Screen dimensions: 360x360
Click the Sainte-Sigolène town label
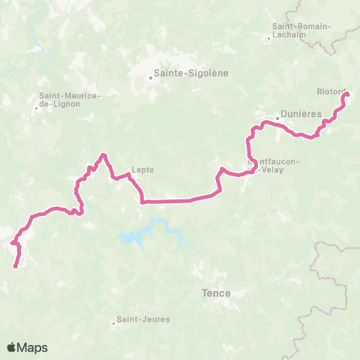pos(190,74)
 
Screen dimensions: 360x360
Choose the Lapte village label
pos(142,169)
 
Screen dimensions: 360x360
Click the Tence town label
pos(217,293)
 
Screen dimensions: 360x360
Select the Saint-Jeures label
pos(144,319)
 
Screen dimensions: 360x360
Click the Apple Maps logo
pos(27,347)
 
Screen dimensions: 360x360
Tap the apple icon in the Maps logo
pos(12,347)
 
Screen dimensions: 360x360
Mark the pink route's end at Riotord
pos(347,94)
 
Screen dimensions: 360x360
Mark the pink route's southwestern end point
pos(16,265)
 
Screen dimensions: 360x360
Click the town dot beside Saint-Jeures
pos(114,324)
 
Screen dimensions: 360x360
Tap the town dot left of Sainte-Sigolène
pos(148,74)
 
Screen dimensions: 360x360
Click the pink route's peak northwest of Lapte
pos(103,155)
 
